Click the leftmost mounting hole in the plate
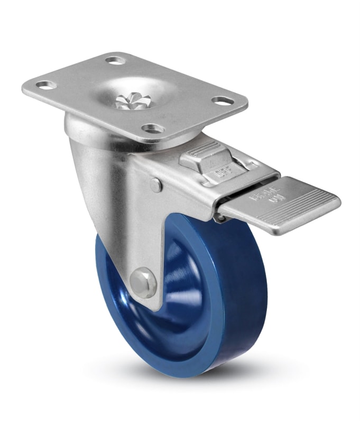point(47,85)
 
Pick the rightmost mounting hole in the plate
point(221,100)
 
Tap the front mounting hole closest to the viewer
point(153,128)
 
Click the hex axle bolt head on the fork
point(144,282)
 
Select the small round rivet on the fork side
point(155,185)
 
